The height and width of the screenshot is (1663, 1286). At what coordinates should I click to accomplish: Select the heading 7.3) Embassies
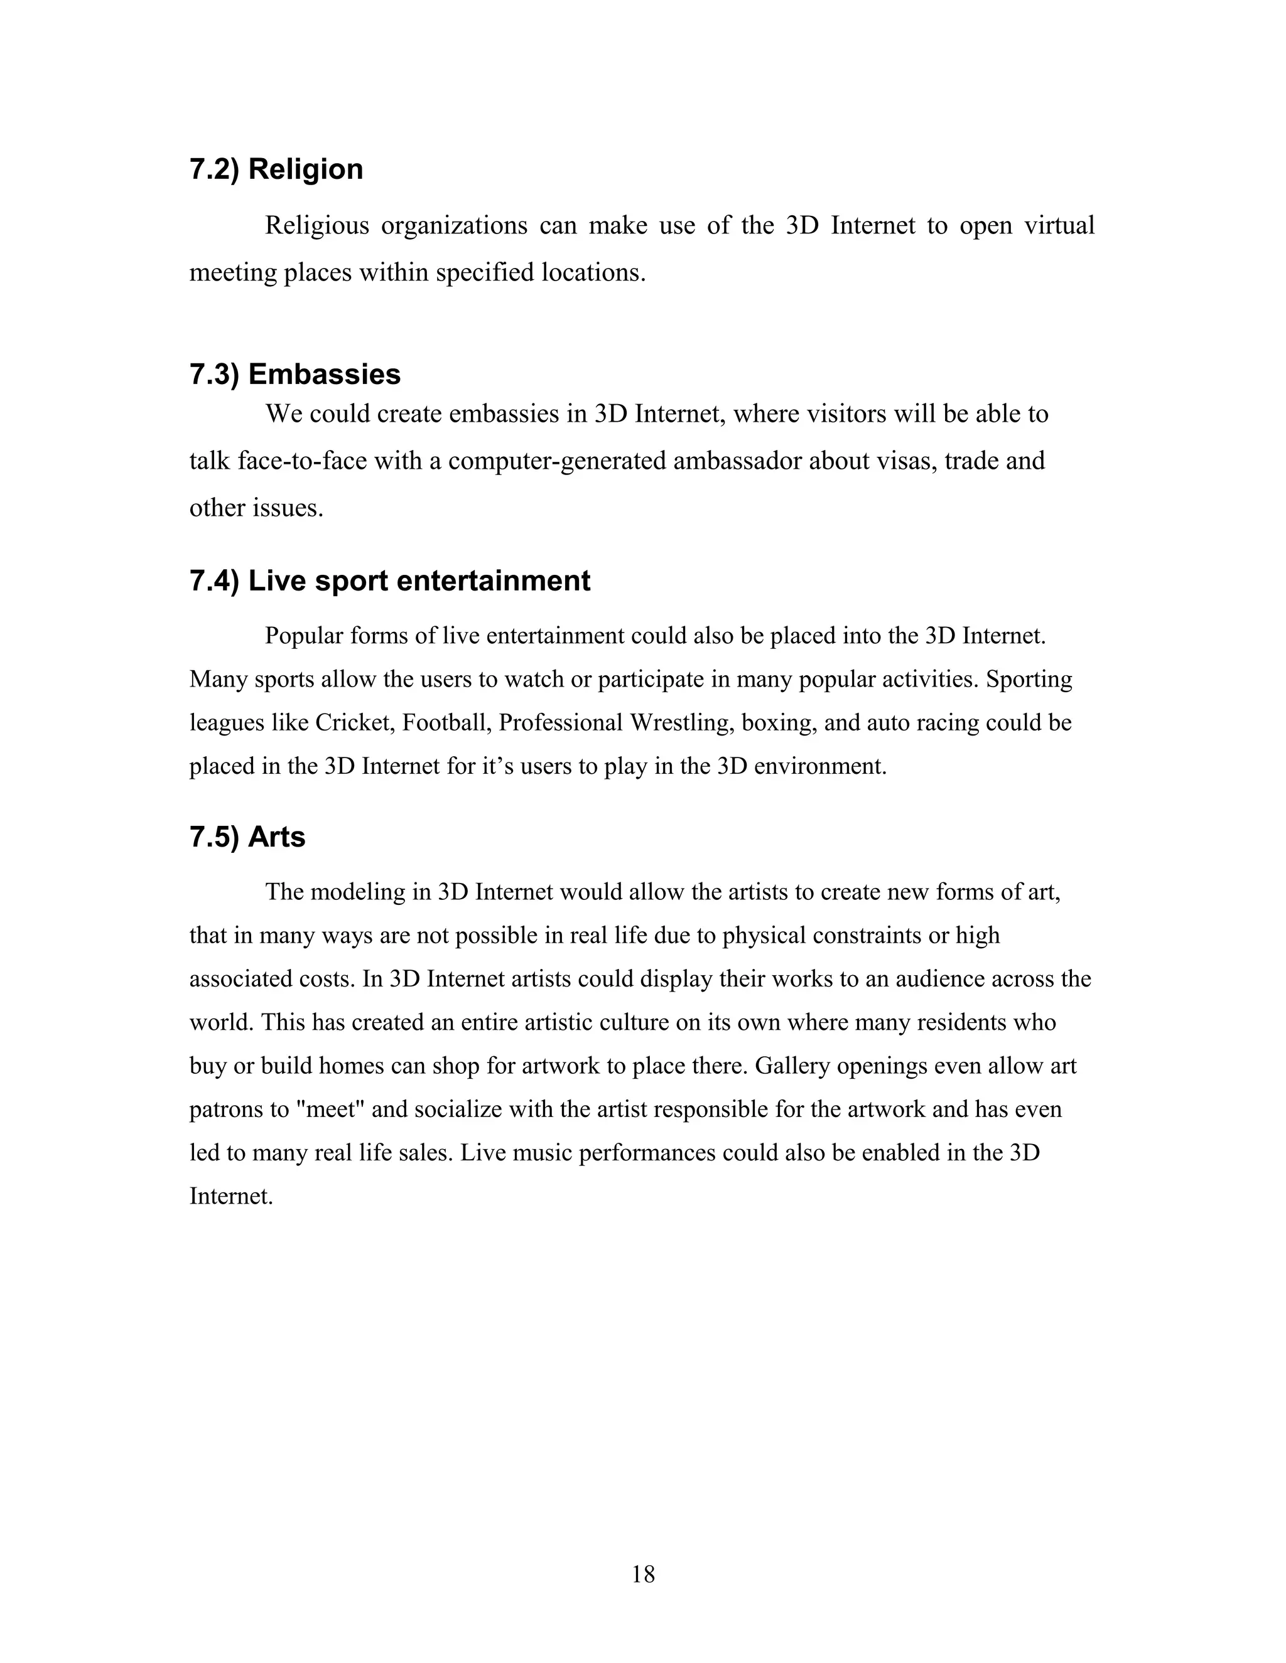tap(295, 375)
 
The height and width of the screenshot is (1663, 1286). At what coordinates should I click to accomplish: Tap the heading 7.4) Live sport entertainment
tap(389, 581)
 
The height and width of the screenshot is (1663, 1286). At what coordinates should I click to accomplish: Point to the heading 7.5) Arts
tap(247, 837)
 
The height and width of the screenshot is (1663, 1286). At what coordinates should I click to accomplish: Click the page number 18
tap(643, 1574)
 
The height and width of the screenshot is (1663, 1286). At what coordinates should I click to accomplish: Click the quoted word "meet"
tap(331, 1110)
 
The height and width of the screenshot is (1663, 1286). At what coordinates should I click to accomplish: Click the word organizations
tap(453, 226)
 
